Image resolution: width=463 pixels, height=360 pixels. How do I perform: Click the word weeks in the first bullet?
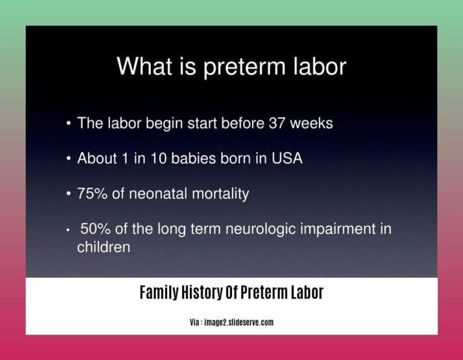coord(312,123)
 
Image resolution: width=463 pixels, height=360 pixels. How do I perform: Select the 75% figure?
coord(92,194)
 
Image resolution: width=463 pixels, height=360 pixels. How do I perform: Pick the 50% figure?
coord(94,230)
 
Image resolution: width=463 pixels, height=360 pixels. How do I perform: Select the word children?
coord(103,247)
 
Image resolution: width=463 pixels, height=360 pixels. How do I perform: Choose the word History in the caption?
coord(204,293)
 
